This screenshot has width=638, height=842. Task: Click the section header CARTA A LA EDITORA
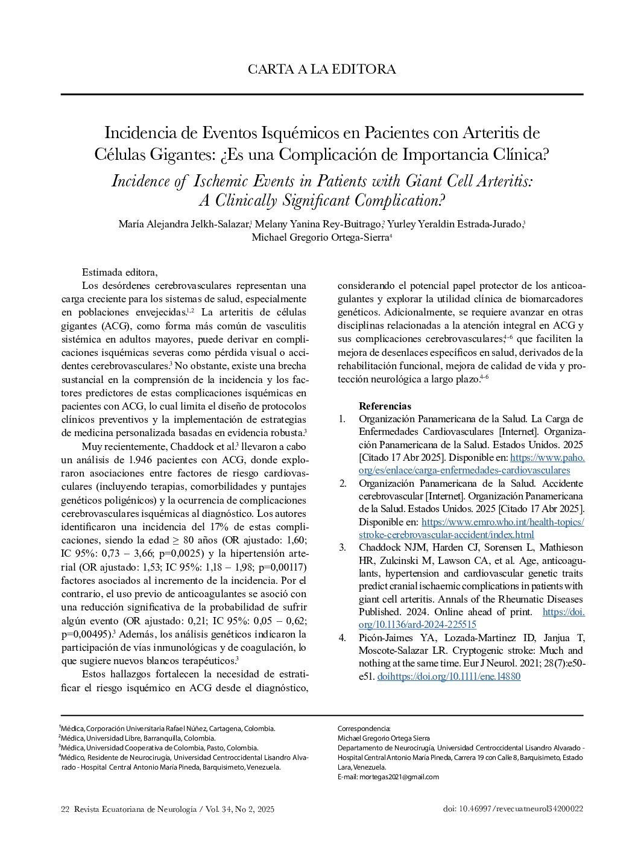click(321, 69)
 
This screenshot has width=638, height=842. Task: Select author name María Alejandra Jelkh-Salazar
click(184, 224)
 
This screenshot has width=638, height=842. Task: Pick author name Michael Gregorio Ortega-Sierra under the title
click(320, 237)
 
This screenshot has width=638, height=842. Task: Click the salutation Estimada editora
click(119, 272)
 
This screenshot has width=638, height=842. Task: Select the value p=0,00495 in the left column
click(86, 634)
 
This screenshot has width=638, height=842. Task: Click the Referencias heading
click(385, 406)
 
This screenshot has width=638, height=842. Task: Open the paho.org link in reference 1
click(547, 458)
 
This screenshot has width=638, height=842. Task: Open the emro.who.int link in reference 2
click(502, 522)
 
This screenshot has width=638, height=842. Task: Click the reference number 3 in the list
click(342, 548)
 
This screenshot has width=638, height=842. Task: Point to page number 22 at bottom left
click(65, 809)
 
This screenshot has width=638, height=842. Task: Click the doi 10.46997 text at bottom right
click(513, 809)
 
